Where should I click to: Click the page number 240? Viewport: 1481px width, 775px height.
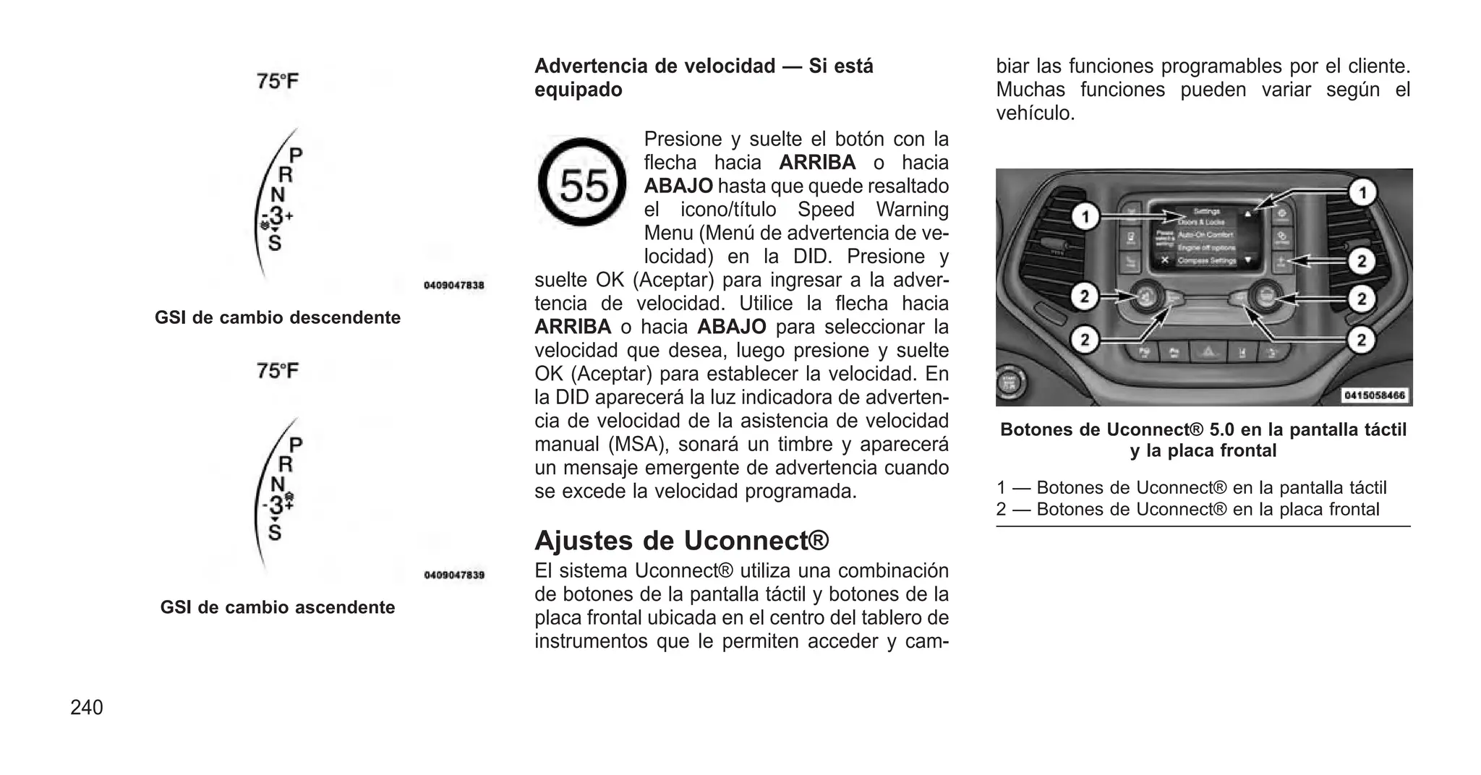point(87,708)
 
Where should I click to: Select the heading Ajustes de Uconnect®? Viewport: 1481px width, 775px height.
point(681,541)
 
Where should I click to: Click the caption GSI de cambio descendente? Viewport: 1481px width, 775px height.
point(278,318)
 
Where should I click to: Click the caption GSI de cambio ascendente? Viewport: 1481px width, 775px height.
point(278,607)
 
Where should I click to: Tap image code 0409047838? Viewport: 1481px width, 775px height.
point(453,286)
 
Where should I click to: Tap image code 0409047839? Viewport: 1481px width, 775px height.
point(453,575)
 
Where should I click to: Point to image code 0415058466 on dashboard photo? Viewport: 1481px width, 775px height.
point(1375,395)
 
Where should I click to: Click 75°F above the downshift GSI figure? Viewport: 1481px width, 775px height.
point(278,81)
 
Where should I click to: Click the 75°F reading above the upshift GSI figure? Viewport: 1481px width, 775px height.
point(278,371)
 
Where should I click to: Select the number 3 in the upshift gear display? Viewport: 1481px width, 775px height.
point(276,505)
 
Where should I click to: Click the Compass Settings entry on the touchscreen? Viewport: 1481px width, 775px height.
point(1207,260)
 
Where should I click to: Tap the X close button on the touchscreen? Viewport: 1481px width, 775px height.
point(1164,260)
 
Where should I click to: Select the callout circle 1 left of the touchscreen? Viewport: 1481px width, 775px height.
point(1085,216)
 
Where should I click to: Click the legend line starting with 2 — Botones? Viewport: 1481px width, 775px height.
point(1187,510)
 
